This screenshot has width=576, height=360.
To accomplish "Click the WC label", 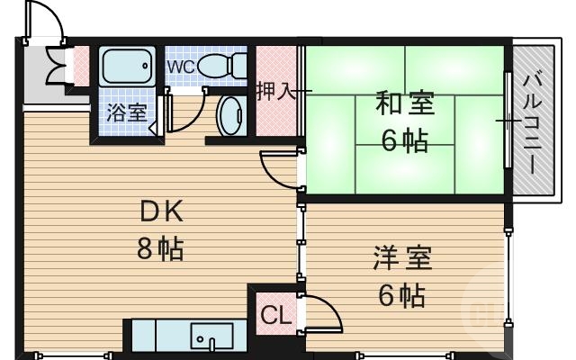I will [x=180, y=67].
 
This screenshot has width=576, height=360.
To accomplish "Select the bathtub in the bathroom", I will [x=127, y=67].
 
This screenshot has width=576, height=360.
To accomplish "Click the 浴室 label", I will [x=127, y=113].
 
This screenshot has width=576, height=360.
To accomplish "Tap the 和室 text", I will [x=404, y=104].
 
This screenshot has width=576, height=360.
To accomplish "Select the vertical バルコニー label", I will [x=531, y=125].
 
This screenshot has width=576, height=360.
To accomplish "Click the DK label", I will [x=161, y=212].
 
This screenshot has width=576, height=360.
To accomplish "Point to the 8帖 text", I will [x=161, y=247].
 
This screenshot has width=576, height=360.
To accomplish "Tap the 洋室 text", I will [x=402, y=259].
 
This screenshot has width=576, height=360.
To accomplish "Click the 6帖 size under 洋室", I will [x=402, y=294].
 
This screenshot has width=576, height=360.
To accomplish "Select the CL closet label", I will [x=274, y=316].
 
